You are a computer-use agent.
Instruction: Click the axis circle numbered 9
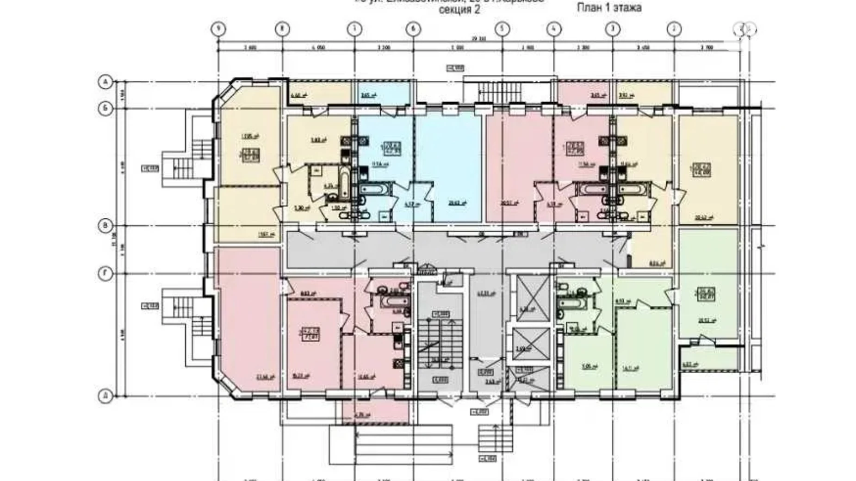click(218, 29)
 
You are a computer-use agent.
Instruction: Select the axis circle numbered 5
click(502, 29)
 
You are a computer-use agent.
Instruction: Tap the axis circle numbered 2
click(673, 29)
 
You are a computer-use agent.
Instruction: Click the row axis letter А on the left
click(105, 82)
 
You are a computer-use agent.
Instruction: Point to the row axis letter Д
click(105, 397)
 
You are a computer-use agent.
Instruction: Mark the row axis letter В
click(105, 226)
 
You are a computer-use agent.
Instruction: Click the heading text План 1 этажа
click(609, 8)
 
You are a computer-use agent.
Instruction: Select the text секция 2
click(459, 10)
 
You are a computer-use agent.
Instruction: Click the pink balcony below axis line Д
click(375, 413)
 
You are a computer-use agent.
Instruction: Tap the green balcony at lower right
click(708, 358)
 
